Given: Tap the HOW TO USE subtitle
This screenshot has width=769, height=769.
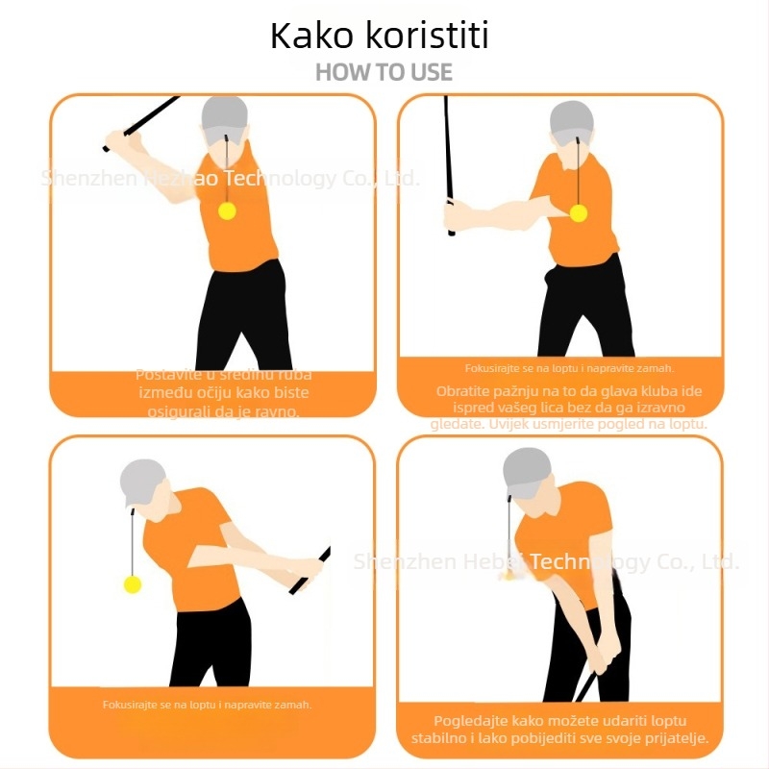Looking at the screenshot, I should point(384,72).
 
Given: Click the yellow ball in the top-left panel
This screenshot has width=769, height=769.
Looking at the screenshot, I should point(228,211).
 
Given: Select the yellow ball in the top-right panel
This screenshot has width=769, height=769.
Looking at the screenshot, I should point(578,212).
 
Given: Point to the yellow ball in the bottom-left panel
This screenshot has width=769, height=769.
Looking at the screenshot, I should point(133,583).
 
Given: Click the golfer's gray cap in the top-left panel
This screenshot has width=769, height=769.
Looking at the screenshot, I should point(226,114).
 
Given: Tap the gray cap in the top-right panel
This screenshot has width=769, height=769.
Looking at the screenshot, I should point(572,119).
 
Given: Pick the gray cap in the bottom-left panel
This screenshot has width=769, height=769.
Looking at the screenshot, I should point(141,479).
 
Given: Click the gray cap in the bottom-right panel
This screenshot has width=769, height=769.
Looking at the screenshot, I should point(527,469).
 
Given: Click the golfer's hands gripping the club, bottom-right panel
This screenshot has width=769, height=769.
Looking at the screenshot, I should point(597,659).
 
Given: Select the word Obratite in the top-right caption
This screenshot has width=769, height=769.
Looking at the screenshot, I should point(467,391).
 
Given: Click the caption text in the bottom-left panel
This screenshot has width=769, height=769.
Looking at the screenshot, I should point(207,705).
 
